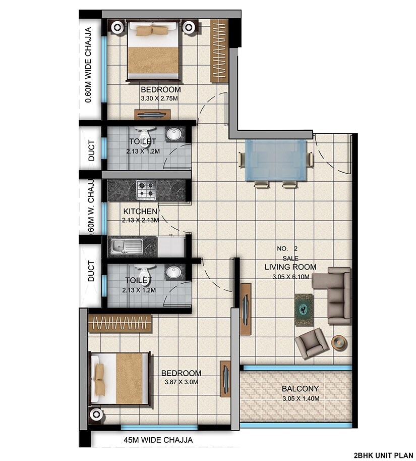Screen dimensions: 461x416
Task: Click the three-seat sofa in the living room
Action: pos(333,296)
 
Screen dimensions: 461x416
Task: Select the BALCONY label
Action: pos(300,389)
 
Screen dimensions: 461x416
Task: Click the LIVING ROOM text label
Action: pos(290,267)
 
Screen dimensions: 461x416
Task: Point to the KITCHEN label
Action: pos(140,211)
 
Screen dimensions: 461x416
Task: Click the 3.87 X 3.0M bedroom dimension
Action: pos(181,382)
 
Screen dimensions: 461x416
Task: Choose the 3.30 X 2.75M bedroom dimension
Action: pos(160,98)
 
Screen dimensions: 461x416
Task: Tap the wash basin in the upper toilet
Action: pos(174,134)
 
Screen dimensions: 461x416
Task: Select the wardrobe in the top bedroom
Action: pos(219,50)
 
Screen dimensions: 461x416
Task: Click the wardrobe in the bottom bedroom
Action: pos(120,323)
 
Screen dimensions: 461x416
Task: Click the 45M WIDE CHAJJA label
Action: pos(158,440)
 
